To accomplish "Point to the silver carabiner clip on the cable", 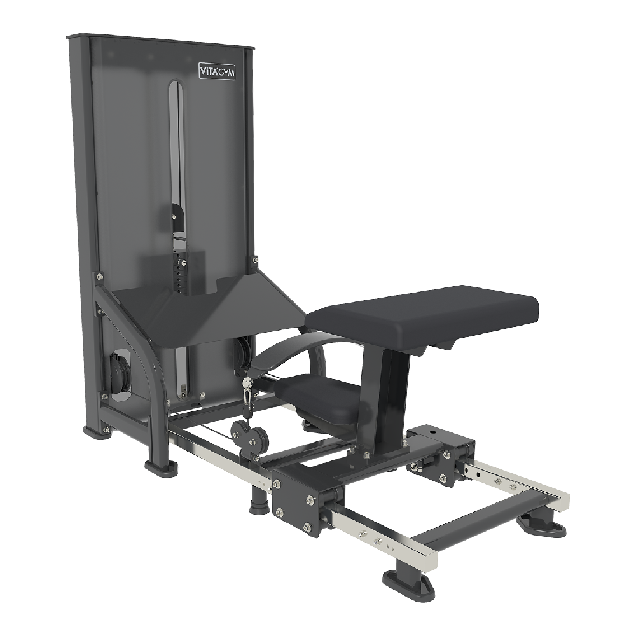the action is (246, 395).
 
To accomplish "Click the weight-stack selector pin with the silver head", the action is (184, 263).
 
